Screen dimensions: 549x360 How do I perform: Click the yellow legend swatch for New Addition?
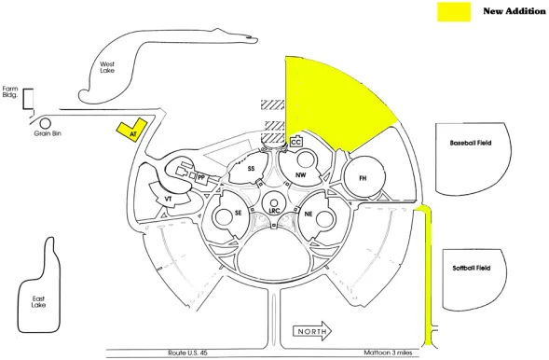454,12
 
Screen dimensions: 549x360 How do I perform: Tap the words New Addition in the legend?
514,11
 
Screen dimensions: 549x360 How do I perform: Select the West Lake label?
107,67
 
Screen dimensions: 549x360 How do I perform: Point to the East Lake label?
38,302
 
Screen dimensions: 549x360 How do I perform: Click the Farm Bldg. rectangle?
28,99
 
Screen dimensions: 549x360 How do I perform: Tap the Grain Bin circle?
45,123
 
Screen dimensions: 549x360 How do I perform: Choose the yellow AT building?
131,130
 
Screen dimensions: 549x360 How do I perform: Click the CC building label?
296,143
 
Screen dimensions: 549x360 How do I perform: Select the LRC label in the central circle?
274,211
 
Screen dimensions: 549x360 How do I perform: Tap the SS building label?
251,169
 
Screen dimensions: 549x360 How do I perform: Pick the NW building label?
301,174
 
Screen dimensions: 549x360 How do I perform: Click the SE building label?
238,213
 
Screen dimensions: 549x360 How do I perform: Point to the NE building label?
309,214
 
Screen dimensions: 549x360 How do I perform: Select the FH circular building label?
364,178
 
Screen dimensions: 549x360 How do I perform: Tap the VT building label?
169,199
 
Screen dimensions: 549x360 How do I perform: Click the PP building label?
201,178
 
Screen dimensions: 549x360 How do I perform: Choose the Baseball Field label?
471,143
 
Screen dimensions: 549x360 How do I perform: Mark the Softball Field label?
472,269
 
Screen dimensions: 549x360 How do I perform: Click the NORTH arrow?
312,331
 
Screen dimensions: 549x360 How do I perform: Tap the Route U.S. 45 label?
187,353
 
